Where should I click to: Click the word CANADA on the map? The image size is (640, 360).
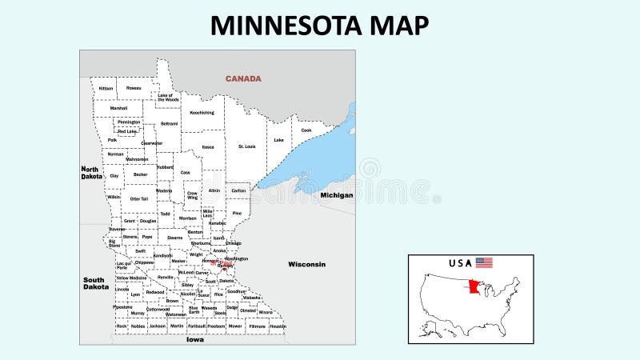(x=243, y=78)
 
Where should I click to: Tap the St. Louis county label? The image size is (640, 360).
(x=246, y=146)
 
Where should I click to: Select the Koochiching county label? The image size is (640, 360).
(x=202, y=113)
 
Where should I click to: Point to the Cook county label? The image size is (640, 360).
(x=306, y=130)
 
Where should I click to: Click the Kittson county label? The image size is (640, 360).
(x=106, y=88)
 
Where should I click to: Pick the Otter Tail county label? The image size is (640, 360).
(x=139, y=198)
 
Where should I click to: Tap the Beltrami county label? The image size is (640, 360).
(x=170, y=124)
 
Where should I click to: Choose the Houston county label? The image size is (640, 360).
(x=278, y=326)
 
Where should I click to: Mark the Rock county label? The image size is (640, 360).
(x=122, y=326)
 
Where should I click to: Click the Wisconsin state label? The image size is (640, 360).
(x=307, y=264)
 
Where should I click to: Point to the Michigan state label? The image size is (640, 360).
(x=337, y=195)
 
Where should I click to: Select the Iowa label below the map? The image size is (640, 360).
(x=195, y=339)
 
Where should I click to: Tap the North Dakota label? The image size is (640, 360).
(x=90, y=173)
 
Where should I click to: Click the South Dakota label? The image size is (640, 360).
(x=95, y=283)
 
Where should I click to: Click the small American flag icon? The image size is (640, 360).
(x=484, y=262)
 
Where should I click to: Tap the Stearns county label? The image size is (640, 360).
(x=175, y=238)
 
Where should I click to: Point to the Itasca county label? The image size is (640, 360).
(x=208, y=147)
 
